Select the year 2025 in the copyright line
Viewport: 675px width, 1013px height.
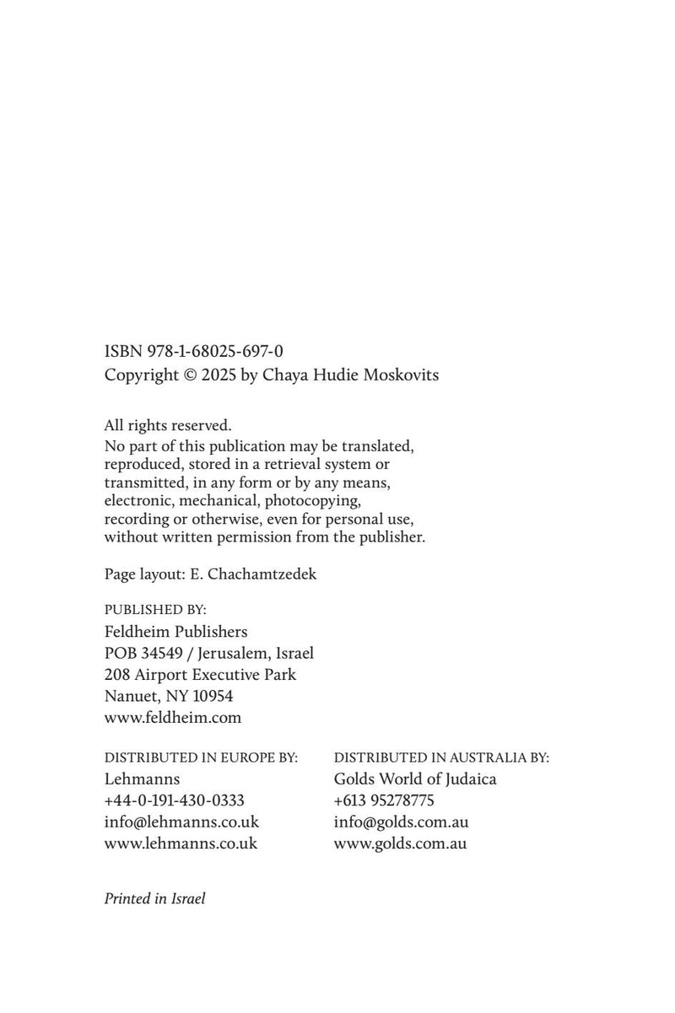(x=219, y=375)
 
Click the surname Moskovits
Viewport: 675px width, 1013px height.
(x=401, y=375)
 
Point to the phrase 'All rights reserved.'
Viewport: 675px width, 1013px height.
(x=167, y=426)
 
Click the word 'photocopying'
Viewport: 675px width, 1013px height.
(x=315, y=500)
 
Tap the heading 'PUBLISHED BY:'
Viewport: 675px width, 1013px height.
(x=155, y=609)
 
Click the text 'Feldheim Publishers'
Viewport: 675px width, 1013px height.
(x=175, y=631)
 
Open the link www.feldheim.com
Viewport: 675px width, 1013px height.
(x=173, y=719)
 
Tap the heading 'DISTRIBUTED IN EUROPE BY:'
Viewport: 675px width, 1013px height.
(x=201, y=757)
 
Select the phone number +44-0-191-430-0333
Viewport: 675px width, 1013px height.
(x=175, y=800)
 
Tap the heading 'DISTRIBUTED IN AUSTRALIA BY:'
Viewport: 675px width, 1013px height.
(x=441, y=757)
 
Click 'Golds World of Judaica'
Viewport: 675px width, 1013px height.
(x=415, y=779)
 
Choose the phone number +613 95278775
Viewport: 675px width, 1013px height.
(x=384, y=800)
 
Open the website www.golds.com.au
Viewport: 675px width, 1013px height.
(x=400, y=843)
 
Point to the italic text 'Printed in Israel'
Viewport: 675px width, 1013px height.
(x=154, y=898)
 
